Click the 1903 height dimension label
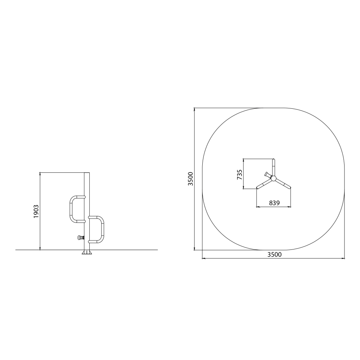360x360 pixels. [x=36, y=211]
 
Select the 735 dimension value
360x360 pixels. [x=239, y=175]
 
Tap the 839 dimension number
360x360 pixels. [x=274, y=203]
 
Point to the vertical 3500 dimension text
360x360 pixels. [x=190, y=179]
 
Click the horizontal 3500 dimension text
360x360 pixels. [x=274, y=255]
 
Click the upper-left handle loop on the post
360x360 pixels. [x=71, y=209]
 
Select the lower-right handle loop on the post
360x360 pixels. [x=102, y=229]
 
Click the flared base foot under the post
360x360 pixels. [x=87, y=253]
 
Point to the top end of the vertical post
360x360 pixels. [x=87, y=173]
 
